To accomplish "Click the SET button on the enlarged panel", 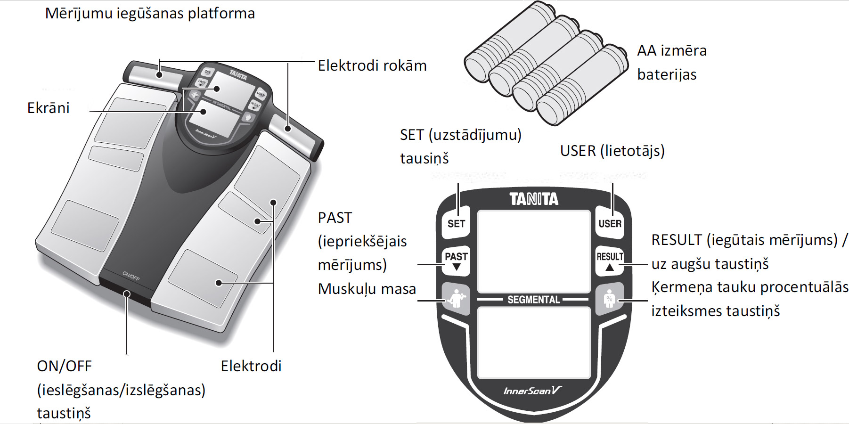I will pyautogui.click(x=456, y=223).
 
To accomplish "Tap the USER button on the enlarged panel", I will pyautogui.click(x=610, y=223).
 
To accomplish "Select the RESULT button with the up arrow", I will pyautogui.click(x=610, y=261).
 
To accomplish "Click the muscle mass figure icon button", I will pyautogui.click(x=456, y=299).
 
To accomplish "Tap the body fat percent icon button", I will pyautogui.click(x=610, y=299).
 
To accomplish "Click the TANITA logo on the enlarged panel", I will pyautogui.click(x=534, y=199).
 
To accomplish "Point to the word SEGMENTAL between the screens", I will pyautogui.click(x=534, y=300).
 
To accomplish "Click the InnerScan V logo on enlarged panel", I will pyautogui.click(x=532, y=391).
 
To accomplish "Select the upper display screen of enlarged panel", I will pyautogui.click(x=534, y=252).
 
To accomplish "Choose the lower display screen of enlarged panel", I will pyautogui.click(x=534, y=342).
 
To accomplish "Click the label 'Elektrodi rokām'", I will pyautogui.click(x=372, y=65).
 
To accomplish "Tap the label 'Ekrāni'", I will pyautogui.click(x=49, y=108).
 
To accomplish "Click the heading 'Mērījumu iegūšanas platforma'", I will pyautogui.click(x=150, y=13).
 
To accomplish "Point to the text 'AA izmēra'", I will pyautogui.click(x=672, y=50).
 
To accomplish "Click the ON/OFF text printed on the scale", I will pyautogui.click(x=131, y=276).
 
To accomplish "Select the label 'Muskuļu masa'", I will pyautogui.click(x=367, y=289).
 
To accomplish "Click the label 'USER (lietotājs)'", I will pyautogui.click(x=612, y=151).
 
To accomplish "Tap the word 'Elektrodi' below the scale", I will pyautogui.click(x=251, y=366).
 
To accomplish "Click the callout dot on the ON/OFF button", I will pyautogui.click(x=127, y=294).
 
